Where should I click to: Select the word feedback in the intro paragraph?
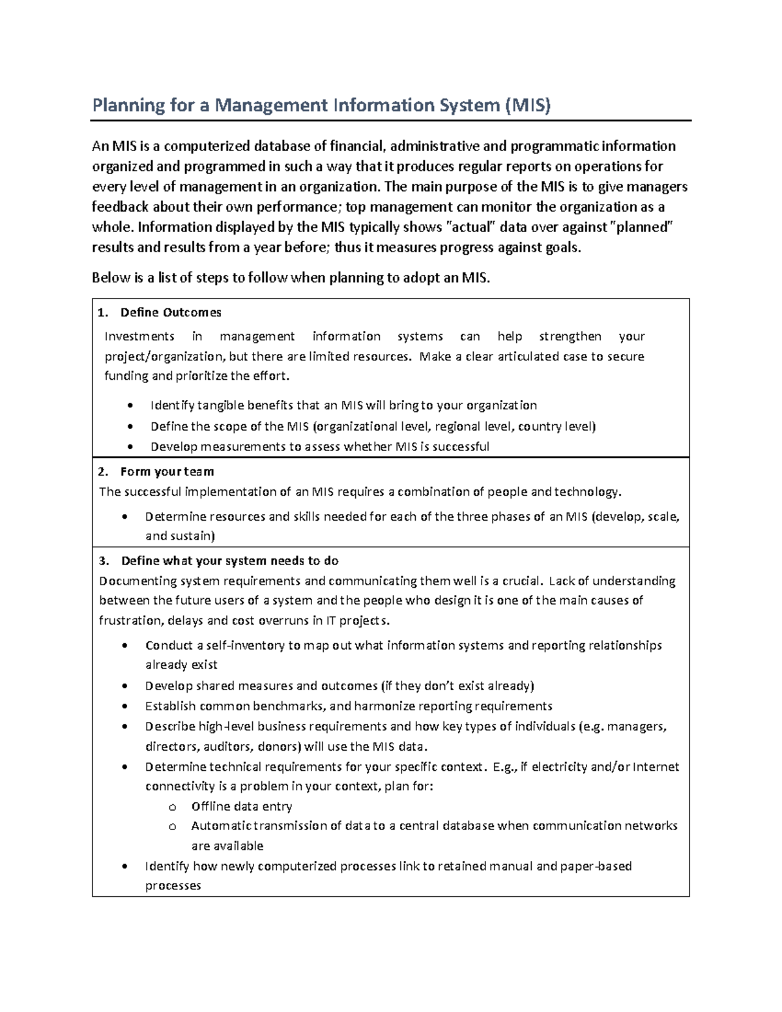point(121,207)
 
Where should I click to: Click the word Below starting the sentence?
point(111,278)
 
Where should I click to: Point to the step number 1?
point(102,313)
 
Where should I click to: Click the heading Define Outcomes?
point(171,313)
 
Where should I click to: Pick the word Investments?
point(139,336)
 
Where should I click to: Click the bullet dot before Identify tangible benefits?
point(131,406)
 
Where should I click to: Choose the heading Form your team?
point(167,472)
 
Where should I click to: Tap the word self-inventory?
point(246,645)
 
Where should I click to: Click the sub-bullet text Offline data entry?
point(241,806)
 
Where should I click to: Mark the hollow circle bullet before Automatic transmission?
point(173,826)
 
